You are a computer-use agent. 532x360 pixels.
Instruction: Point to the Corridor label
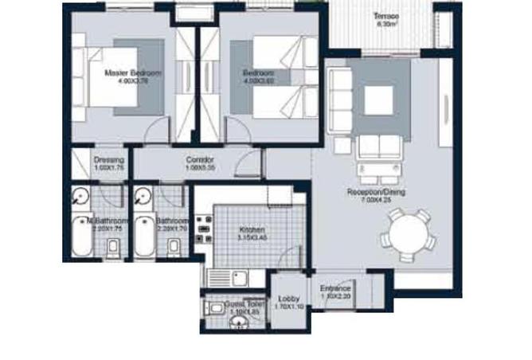tap(199, 159)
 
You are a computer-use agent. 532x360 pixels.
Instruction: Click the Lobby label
tap(289, 299)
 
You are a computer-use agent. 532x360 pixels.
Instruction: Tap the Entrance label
tap(335, 289)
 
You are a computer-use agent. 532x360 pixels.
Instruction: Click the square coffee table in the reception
tap(377, 100)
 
